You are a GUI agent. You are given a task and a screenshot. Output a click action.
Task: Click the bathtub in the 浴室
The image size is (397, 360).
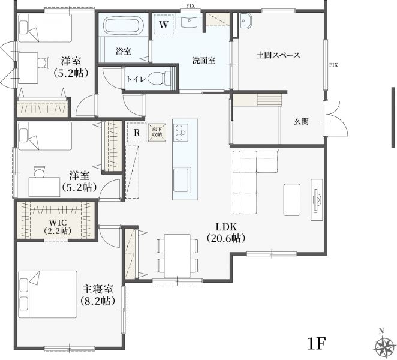[124, 25]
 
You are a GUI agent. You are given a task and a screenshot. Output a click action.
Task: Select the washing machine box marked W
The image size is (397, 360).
[164, 25]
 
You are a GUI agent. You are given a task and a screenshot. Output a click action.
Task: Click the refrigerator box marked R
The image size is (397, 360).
[137, 132]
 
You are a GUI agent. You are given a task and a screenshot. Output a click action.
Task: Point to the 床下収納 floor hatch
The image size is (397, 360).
[157, 132]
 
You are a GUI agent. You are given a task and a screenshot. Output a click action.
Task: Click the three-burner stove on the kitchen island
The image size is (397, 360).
[181, 132]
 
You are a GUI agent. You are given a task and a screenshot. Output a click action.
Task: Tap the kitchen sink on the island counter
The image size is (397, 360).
[182, 181]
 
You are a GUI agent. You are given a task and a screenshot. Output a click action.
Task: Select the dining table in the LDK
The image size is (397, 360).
[178, 256]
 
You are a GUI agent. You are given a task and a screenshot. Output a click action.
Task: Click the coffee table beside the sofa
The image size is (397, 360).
[292, 200]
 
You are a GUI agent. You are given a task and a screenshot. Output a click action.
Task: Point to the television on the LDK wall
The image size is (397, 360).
[317, 199]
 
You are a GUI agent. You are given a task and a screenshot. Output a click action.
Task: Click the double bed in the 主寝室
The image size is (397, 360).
[47, 294]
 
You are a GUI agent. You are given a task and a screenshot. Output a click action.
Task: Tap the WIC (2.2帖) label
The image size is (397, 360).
[58, 226]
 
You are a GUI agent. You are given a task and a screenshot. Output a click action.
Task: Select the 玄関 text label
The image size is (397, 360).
[301, 122]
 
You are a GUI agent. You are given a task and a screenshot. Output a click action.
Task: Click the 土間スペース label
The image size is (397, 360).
[278, 55]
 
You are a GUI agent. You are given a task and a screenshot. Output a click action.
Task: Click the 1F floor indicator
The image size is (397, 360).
[316, 344]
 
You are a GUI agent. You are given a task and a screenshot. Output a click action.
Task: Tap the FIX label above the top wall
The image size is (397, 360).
[190, 5]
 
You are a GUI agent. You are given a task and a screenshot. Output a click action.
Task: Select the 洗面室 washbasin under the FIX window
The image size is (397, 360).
[189, 21]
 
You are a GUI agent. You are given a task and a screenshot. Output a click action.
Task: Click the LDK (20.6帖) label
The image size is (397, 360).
[226, 232]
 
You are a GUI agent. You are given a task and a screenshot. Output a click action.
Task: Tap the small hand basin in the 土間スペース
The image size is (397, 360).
[245, 21]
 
